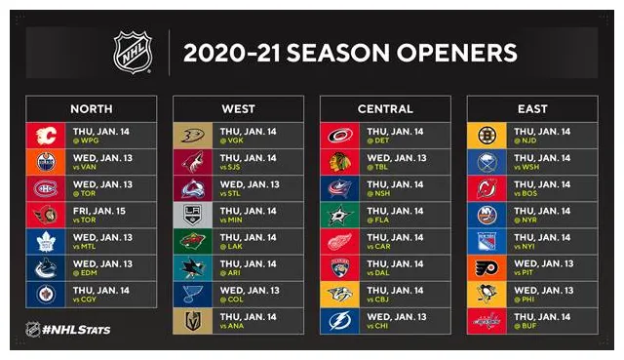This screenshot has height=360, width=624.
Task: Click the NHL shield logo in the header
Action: (x=133, y=52)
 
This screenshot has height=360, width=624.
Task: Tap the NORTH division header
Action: (x=91, y=108)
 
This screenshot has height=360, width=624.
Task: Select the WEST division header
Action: (x=238, y=108)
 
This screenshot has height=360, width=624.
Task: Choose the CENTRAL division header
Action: (x=385, y=108)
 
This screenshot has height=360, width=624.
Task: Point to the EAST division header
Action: (x=532, y=108)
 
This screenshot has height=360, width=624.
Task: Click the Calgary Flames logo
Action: (x=46, y=136)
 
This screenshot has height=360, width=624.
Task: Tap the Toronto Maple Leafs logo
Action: (x=46, y=242)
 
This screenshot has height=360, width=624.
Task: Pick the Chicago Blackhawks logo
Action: (x=340, y=162)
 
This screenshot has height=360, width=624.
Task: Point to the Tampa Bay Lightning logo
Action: (x=340, y=321)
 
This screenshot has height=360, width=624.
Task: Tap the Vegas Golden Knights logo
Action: (x=193, y=321)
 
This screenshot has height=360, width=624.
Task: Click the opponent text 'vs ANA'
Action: (x=230, y=327)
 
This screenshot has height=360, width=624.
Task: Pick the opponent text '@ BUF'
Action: (x=525, y=327)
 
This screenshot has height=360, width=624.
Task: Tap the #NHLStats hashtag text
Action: (x=77, y=330)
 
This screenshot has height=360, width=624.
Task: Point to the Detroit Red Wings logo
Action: (x=340, y=242)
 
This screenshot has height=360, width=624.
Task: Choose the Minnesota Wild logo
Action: (x=193, y=242)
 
